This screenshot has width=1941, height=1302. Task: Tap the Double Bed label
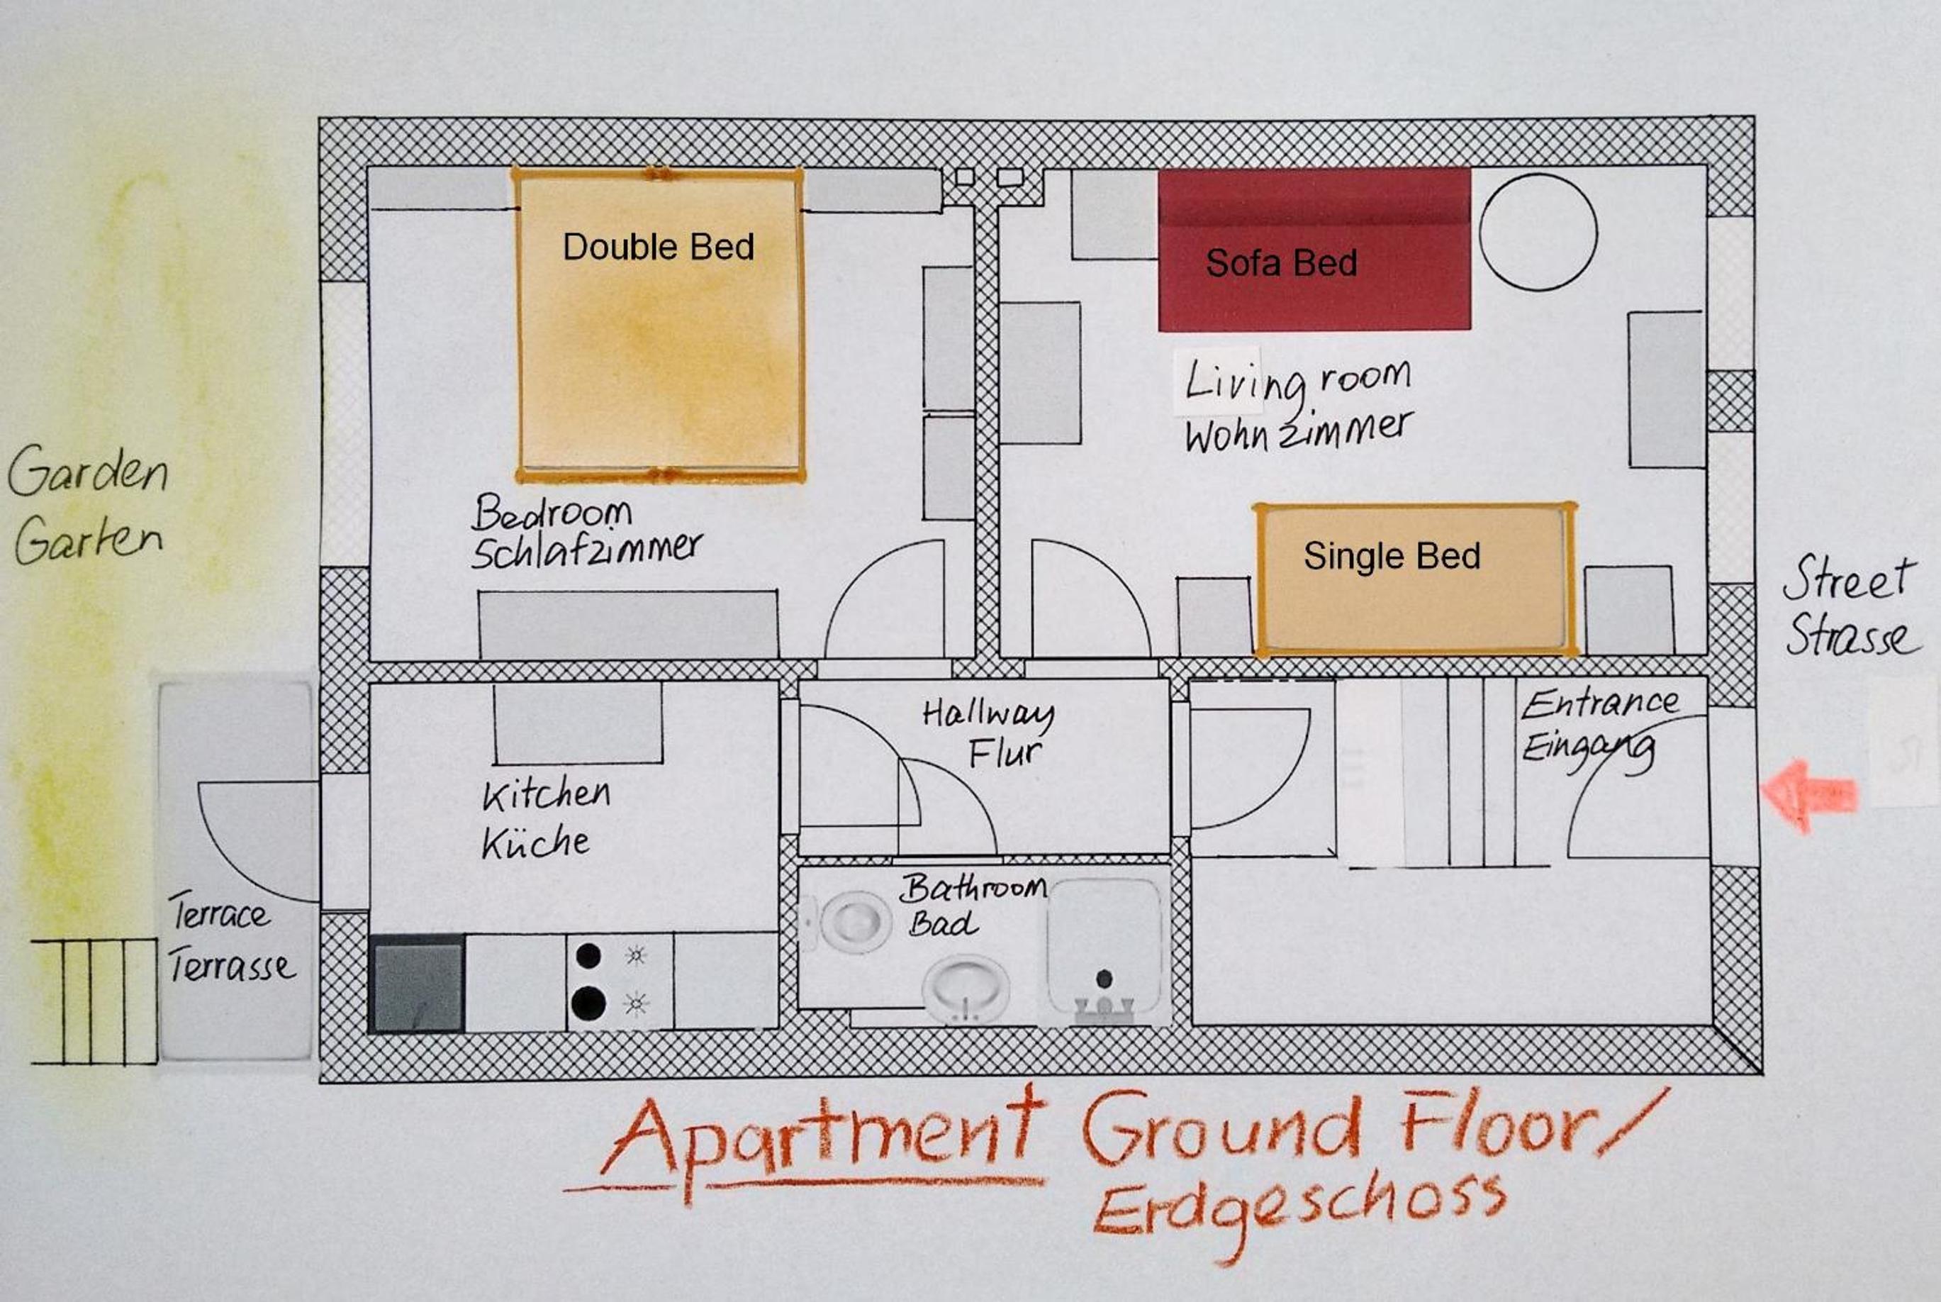click(658, 247)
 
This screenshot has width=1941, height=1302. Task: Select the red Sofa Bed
click(1314, 249)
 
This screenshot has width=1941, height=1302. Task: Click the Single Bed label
click(1392, 555)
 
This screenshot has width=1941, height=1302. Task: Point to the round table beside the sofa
click(1538, 233)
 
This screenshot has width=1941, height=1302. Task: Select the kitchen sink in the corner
click(418, 984)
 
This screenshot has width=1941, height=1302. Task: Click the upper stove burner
click(588, 956)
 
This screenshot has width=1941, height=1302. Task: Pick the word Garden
click(88, 470)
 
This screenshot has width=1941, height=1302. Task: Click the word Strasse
click(1852, 635)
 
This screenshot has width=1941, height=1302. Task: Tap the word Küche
click(535, 842)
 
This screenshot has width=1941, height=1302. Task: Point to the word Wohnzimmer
click(1297, 432)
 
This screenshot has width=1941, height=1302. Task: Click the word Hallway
click(988, 713)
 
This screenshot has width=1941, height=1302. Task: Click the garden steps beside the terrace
click(94, 1001)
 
